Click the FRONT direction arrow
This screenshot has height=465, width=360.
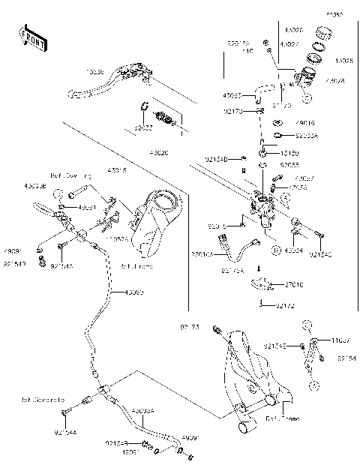[x=31, y=37]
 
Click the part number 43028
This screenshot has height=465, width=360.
[x=345, y=59]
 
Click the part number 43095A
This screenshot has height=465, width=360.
[x=142, y=411]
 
